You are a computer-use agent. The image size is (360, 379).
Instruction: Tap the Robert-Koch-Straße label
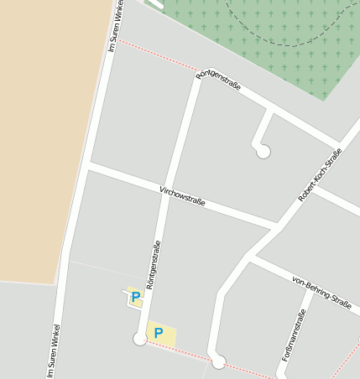pos(321,175)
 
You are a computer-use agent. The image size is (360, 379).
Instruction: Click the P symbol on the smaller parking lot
pos(135,297)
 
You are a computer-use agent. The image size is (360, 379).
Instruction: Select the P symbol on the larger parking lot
pos(158,334)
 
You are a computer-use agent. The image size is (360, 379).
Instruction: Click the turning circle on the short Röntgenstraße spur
pos(263,152)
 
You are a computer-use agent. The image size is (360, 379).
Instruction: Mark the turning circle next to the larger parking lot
pos(140,339)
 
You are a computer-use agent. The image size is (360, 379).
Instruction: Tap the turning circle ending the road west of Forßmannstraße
pos(219,362)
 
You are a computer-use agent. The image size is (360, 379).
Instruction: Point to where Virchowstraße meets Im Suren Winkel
pos(88,166)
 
